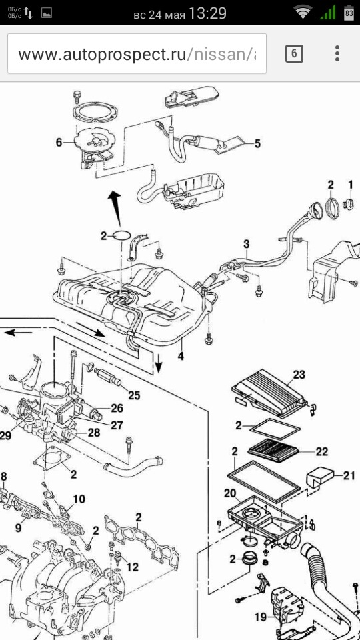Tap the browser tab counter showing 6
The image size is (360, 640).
click(294, 53)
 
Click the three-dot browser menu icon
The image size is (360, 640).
click(337, 53)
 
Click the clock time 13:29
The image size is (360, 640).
click(207, 14)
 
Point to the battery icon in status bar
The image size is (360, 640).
click(349, 13)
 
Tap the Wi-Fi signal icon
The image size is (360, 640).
click(303, 13)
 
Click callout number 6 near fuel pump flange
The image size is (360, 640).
click(59, 143)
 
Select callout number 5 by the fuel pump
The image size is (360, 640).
click(257, 143)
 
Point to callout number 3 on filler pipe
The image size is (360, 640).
click(246, 245)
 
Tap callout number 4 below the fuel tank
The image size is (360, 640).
click(181, 355)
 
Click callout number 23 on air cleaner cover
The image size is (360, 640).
click(299, 375)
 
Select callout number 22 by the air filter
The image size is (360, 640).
click(321, 451)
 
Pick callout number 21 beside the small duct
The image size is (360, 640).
click(349, 475)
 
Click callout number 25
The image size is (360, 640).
click(134, 395)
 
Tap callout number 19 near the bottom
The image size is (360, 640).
click(261, 617)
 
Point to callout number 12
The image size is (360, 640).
click(132, 567)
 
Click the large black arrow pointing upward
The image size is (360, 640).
click(115, 207)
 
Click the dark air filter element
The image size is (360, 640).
click(273, 451)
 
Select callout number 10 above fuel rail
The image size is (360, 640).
click(79, 499)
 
